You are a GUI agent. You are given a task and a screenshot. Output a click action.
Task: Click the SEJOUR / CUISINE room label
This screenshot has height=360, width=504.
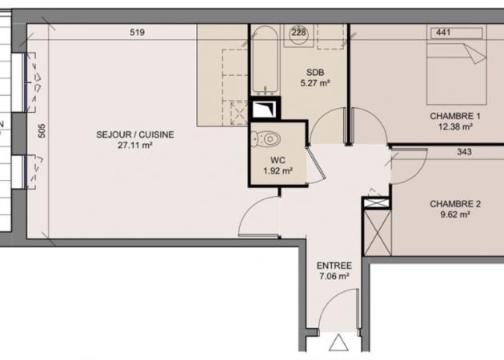coord(135,134)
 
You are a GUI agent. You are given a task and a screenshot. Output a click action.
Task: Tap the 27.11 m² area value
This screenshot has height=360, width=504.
coord(134,146)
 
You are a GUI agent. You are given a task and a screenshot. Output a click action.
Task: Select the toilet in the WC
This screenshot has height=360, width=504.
coord(266,139)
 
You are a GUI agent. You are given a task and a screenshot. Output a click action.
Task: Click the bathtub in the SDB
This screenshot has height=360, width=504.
coord(265,60)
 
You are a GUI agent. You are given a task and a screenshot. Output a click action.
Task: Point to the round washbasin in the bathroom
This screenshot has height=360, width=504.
coord(298,35)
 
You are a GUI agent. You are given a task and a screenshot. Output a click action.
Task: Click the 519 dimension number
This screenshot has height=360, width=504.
coord(138,33)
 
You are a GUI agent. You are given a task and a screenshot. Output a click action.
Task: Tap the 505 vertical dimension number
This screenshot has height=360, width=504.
coord(42,131)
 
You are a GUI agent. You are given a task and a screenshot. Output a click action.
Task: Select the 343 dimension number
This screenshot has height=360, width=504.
coord(464,152)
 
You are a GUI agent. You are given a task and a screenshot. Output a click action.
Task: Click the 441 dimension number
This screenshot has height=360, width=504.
coord(443,32)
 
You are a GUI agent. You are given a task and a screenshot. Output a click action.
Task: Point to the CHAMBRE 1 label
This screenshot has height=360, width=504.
coord(455,116)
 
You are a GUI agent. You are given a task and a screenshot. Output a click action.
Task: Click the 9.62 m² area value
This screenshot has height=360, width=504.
coord(455,214)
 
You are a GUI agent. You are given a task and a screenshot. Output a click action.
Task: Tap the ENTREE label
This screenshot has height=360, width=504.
coord(334,266)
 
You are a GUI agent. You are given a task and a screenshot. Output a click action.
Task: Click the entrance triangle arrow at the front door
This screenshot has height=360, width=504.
coord(338,342)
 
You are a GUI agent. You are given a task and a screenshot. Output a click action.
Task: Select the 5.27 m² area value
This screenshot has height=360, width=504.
coord(315,83)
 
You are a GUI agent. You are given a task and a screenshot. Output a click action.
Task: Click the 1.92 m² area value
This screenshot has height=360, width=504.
coord(278,171)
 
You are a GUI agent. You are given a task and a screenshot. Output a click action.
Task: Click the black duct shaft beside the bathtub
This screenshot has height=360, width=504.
coord(265,109)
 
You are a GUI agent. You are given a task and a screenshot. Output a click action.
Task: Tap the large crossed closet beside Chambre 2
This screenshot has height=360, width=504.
coord(378,233)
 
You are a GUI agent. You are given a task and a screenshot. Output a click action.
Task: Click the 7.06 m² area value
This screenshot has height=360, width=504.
coord(334,277)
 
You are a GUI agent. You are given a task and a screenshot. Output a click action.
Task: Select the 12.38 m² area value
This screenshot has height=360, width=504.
coord(455,126)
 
